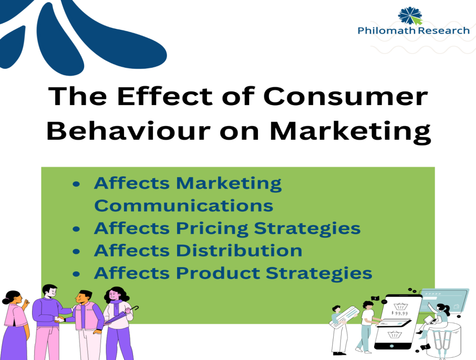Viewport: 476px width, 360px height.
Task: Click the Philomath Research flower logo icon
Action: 410,16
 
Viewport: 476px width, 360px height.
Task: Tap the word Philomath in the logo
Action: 387,31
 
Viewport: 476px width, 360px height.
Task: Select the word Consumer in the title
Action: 345,97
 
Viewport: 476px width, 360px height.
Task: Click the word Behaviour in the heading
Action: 129,131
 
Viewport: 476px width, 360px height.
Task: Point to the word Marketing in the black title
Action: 350,132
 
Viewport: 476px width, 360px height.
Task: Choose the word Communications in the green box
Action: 184,206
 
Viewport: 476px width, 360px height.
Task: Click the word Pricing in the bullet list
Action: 212,229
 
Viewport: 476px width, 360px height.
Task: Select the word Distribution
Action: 239,250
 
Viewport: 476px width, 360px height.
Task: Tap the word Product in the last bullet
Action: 218,273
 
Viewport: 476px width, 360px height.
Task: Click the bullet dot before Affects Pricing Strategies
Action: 76,229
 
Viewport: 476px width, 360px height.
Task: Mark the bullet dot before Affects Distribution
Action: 76,251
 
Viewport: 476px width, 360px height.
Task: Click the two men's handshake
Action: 59,319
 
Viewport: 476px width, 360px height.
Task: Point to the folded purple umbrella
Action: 121,316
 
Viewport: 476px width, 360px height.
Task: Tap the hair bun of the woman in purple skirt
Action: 6,301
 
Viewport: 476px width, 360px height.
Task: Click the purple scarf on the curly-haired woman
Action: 115,306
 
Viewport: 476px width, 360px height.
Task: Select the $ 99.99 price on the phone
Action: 399,313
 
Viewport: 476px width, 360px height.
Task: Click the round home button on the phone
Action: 391,346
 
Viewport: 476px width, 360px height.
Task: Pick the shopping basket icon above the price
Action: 400,306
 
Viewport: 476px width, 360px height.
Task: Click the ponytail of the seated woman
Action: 447,310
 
